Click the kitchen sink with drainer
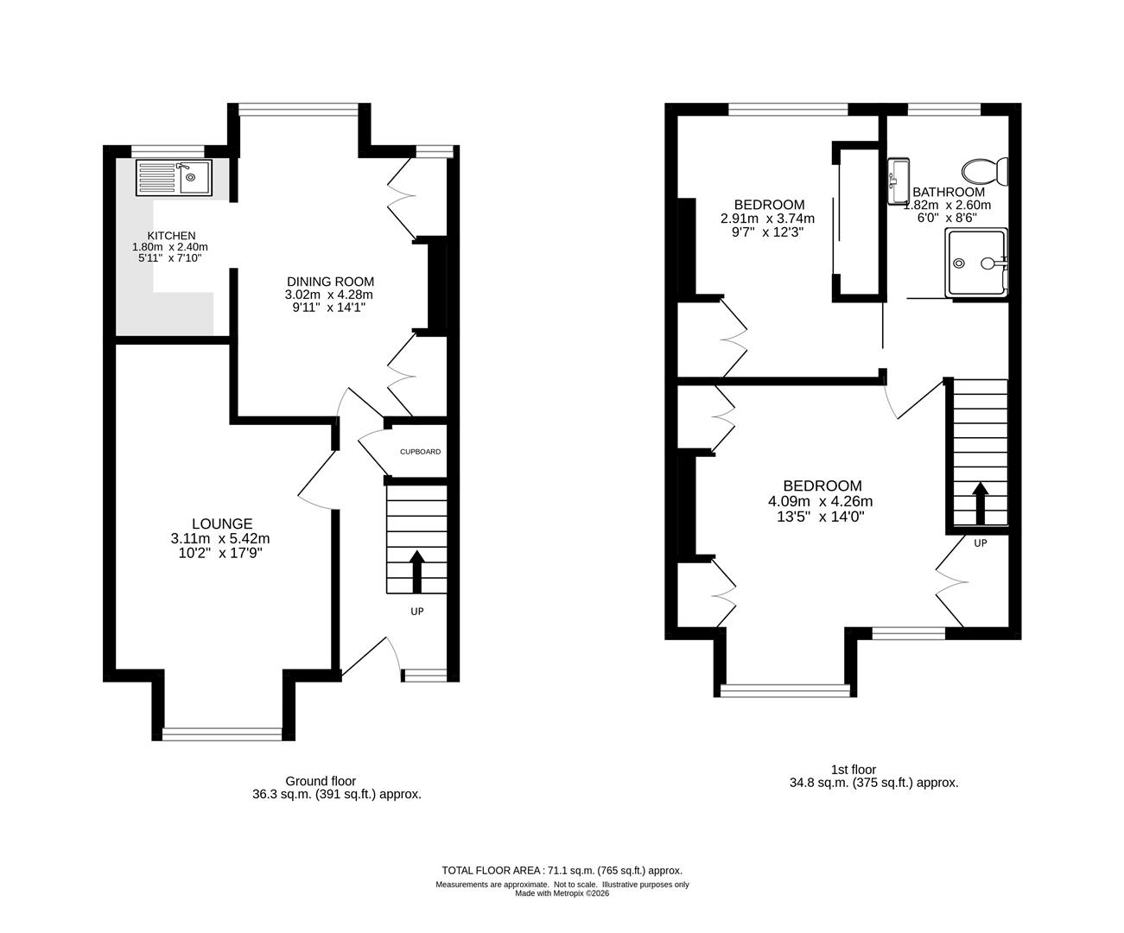point(174,177)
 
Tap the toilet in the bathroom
point(985,172)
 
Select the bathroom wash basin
point(899,181)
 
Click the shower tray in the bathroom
point(977,262)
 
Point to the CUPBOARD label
point(421,452)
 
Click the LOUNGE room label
point(222,524)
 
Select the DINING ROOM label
point(330,282)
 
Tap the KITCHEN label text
point(171,236)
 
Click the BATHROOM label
point(949,192)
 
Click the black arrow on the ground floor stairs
point(416,571)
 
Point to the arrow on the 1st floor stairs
point(981,503)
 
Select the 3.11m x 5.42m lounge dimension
point(220,538)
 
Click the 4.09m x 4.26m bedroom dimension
point(821,501)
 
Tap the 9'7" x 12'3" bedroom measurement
point(768,232)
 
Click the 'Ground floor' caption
point(321,781)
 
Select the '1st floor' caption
point(854,770)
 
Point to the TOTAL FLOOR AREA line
point(562,871)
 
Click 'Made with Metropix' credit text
point(562,893)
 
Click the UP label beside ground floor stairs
point(417,611)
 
